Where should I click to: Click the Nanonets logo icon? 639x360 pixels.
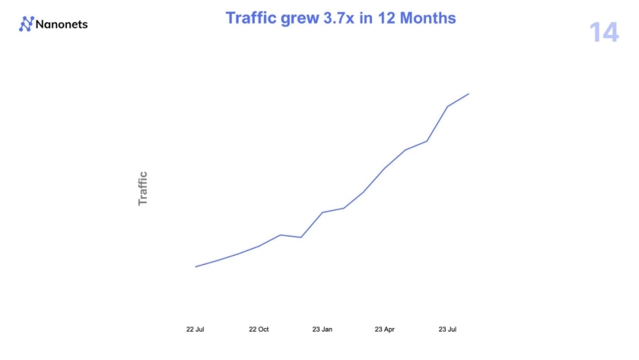tap(27, 24)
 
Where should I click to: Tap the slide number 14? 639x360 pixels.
tap(604, 33)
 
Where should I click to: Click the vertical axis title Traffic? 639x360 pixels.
tap(142, 189)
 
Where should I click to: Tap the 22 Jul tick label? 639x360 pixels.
tap(196, 330)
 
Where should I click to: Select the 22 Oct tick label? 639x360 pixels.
tap(259, 330)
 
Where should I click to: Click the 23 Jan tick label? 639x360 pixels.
tap(322, 330)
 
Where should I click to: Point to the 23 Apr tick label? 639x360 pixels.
tap(384, 330)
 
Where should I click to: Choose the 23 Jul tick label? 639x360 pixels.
tap(447, 330)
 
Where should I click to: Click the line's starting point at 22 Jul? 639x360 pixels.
tap(196, 266)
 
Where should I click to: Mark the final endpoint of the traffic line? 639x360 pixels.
tap(469, 94)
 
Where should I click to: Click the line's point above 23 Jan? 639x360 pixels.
tap(323, 212)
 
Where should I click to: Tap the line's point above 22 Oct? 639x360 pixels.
tap(259, 246)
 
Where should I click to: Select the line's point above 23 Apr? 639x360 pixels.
tap(385, 167)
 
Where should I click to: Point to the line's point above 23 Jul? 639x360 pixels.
tap(447, 107)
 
